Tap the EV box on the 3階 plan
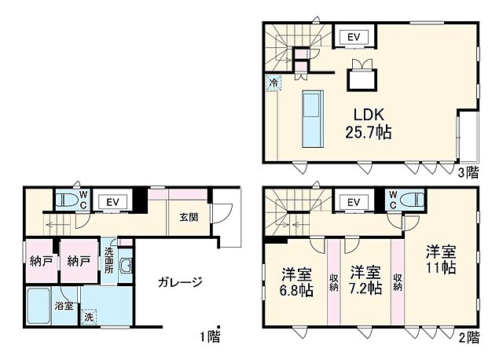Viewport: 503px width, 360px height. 353,36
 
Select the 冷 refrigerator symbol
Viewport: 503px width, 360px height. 273,82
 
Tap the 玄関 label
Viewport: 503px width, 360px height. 188,218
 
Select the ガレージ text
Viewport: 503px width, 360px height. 179,282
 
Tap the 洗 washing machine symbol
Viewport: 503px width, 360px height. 89,318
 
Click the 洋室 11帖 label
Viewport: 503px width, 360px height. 442,259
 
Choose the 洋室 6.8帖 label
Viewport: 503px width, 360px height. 297,281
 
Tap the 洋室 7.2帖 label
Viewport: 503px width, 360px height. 365,281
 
